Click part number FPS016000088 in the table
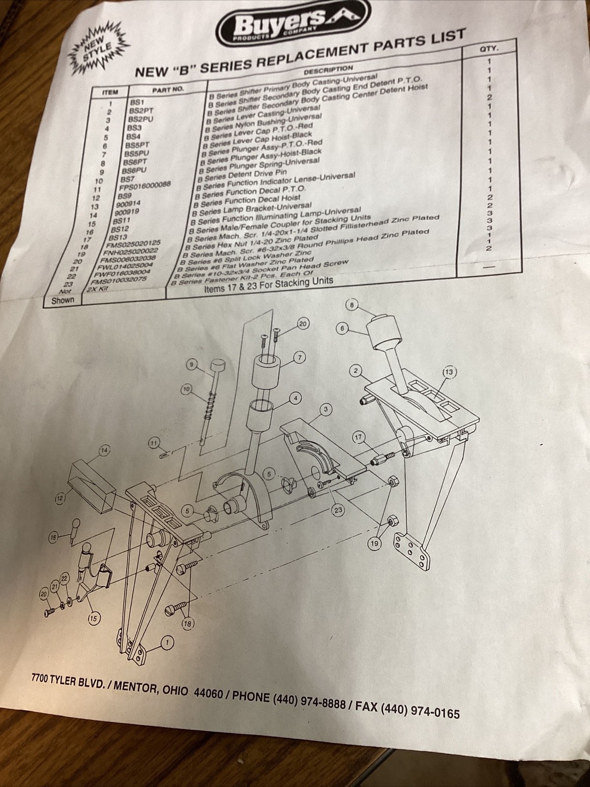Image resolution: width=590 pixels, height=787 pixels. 146,185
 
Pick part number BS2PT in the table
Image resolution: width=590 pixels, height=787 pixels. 138,111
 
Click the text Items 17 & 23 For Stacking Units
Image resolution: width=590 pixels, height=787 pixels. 268,285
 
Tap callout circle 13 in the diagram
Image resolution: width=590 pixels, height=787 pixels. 449,372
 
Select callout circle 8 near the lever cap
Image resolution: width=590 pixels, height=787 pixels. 352,305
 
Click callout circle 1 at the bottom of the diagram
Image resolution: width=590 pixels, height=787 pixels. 167,642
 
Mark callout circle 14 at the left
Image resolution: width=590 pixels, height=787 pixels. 104,450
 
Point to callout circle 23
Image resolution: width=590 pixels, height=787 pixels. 338,510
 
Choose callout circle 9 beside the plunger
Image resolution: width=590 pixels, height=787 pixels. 192,364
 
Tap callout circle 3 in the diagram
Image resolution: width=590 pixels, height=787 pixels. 325,409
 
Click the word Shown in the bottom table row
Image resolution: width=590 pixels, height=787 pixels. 63,300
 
